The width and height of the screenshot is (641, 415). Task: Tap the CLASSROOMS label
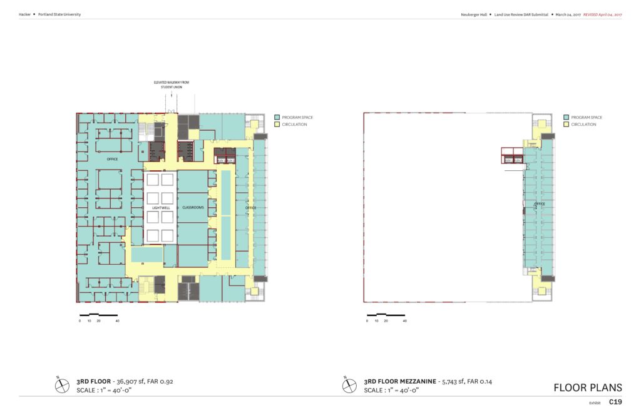coord(193,207)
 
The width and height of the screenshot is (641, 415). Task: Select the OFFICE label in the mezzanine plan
coord(539,204)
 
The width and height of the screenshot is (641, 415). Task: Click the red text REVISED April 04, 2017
coord(607,14)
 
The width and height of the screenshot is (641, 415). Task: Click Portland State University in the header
coord(59,14)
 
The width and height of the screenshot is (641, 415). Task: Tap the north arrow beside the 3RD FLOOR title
coord(61,385)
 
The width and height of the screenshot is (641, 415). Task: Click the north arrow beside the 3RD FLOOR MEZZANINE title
coord(349,385)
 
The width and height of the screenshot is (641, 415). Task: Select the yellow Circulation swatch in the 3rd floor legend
coord(277,125)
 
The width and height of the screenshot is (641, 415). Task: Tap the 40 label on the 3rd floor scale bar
coord(117,320)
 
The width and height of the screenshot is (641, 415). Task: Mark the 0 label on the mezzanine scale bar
coord(367,320)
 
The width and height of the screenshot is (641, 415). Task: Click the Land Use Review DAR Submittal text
coord(517,14)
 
